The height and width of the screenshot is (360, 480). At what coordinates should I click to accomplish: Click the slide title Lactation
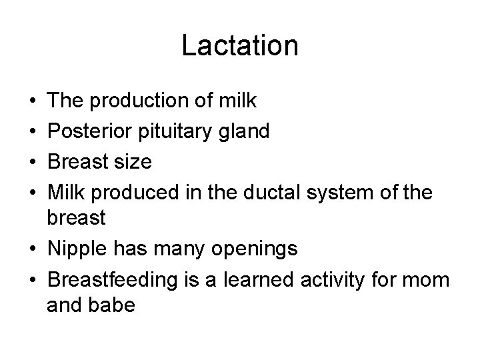click(239, 46)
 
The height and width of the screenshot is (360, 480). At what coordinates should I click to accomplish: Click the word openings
click(255, 249)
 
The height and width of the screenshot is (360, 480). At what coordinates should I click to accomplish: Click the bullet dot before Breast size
click(33, 162)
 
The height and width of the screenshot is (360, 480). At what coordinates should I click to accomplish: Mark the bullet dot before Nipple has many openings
click(33, 250)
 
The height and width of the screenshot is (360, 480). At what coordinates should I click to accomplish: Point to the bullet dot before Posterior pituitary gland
click(33, 132)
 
